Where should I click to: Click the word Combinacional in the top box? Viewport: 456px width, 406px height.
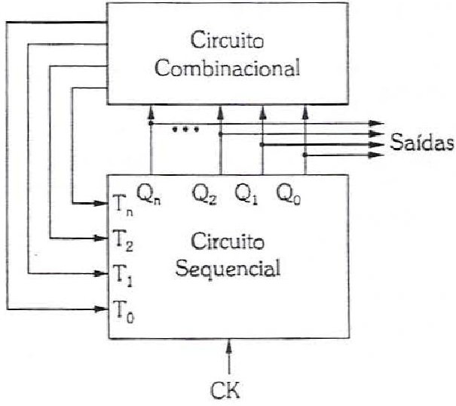227,68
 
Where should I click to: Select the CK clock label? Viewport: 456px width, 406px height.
225,390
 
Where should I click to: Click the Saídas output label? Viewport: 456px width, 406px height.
421,142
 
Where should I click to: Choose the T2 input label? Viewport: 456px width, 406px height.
124,241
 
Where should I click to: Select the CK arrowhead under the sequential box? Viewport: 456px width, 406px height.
229,346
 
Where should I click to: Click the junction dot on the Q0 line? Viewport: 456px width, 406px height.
305,155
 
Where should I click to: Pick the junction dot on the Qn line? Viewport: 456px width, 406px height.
151,124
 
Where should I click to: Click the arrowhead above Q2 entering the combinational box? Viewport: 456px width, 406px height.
220,112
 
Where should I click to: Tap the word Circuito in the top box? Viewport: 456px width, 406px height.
227,40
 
